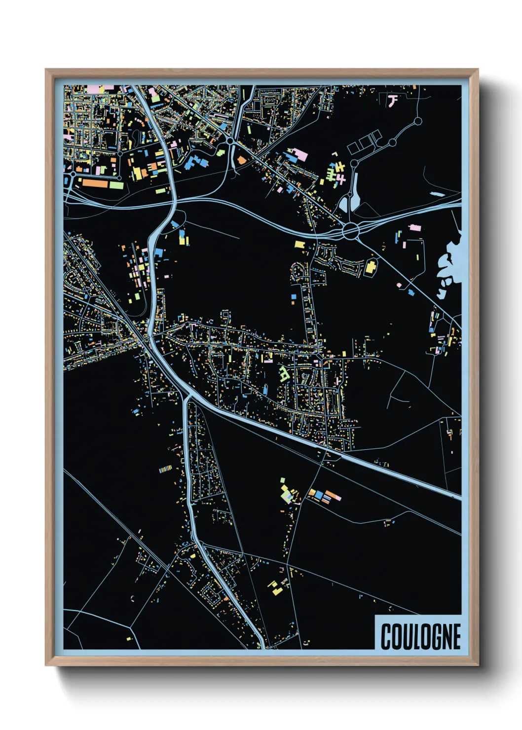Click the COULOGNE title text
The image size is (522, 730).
pos(420,636)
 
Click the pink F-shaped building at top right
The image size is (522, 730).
pos(393,101)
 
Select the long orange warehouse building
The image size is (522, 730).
pos(95,183)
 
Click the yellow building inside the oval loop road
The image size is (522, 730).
pos(370,268)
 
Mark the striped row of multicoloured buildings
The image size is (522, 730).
pos(166,469)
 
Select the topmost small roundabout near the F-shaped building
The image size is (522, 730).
pos(418,120)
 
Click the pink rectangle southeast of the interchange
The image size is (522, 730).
pos(415,227)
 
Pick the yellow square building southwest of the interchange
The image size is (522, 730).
pos(299,244)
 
